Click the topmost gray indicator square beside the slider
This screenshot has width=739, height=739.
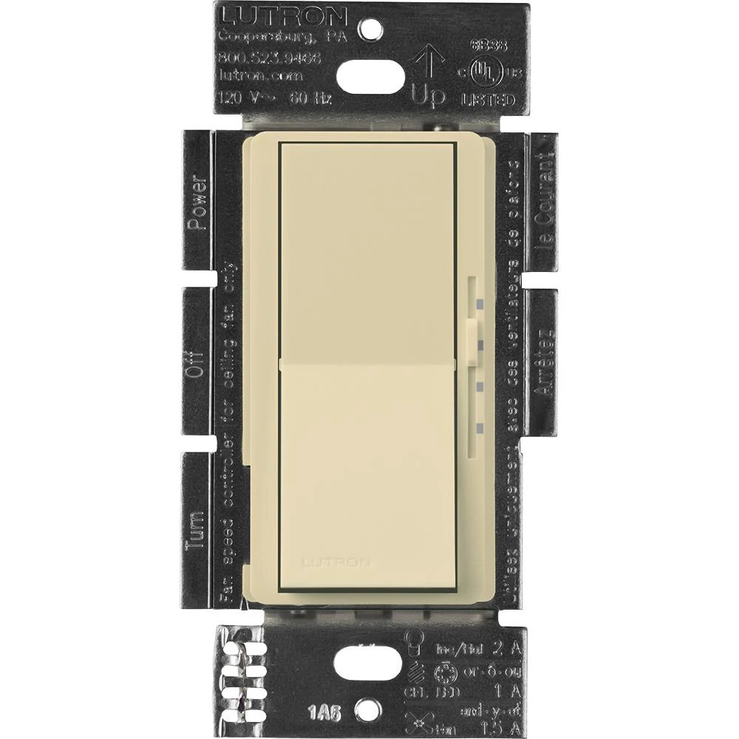click(480, 303)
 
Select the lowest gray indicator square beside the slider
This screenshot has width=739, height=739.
click(480, 426)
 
